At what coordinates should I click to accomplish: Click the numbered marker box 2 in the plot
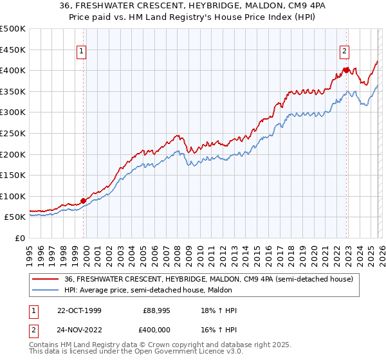pos(345,52)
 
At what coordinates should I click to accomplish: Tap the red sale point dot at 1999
pos(84,201)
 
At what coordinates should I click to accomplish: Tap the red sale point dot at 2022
pos(346,69)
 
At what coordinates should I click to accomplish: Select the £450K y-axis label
pos(13,49)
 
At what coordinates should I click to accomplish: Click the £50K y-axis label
pos(15,217)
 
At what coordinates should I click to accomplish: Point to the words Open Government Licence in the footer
pos(160,353)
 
